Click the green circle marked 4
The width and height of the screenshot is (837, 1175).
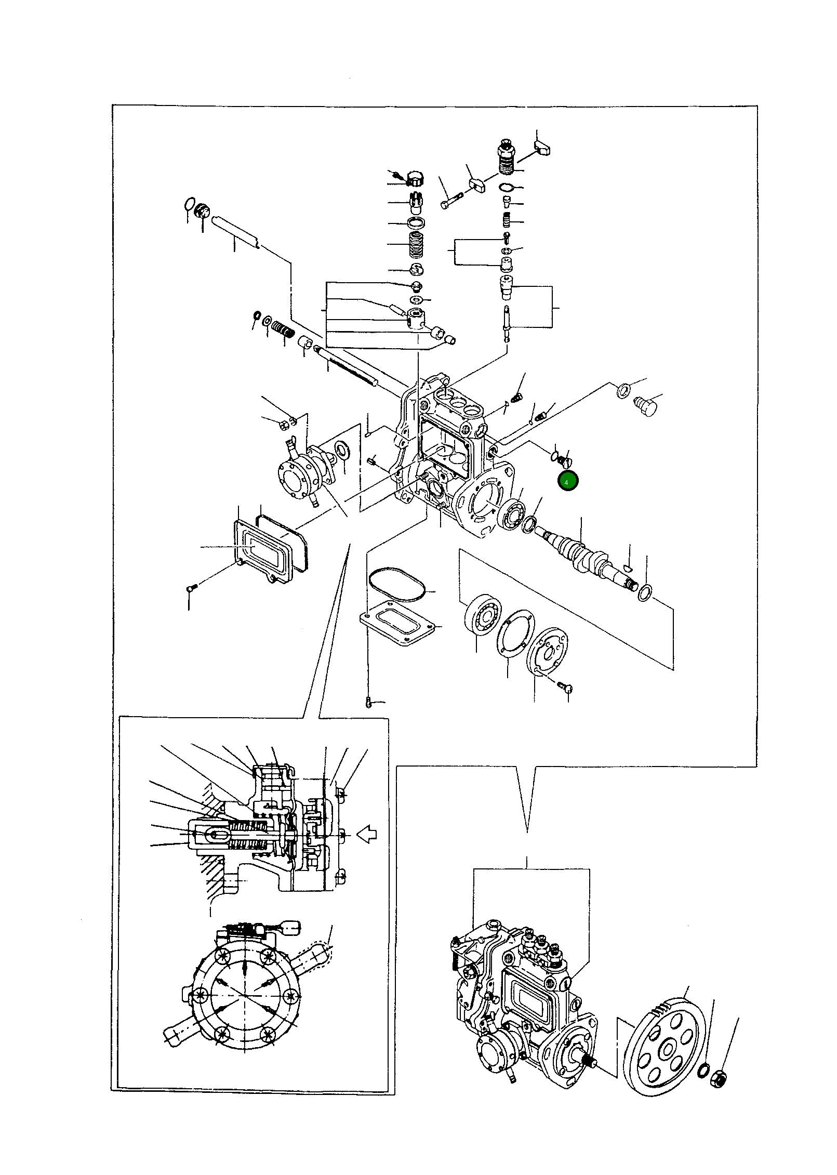click(x=567, y=482)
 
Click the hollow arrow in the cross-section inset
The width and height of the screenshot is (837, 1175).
click(x=368, y=835)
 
